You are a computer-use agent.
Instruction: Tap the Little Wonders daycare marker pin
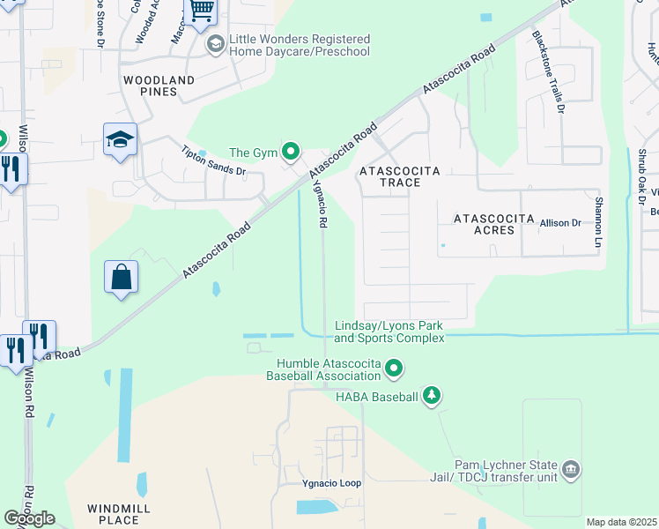214,43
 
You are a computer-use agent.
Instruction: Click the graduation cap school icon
120,139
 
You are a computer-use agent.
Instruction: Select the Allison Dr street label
560,224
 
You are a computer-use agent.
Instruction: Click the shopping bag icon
121,277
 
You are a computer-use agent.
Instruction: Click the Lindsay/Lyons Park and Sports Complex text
389,332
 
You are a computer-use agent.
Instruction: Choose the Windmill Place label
119,514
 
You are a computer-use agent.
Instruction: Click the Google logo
30,518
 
